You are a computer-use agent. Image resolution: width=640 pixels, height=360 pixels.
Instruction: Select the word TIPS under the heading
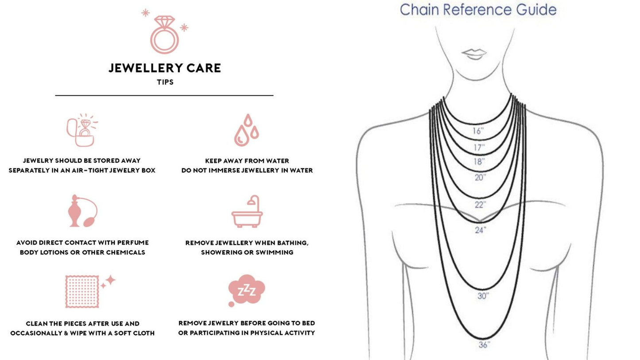click(x=165, y=82)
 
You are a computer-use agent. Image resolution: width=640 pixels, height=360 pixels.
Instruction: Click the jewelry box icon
click(x=81, y=131)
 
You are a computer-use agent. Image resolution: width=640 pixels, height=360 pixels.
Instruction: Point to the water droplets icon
click(x=246, y=130)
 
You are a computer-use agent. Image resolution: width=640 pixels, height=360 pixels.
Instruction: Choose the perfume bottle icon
click(x=81, y=211)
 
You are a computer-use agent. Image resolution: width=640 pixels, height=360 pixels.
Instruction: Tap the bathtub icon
click(x=247, y=212)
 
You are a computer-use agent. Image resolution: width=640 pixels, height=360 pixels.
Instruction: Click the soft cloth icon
click(x=82, y=291)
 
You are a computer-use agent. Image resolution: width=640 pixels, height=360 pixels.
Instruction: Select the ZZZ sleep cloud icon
click(x=246, y=290)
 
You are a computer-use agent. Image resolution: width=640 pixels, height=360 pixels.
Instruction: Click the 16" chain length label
click(x=478, y=131)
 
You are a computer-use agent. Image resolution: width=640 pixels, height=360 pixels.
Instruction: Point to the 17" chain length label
click(x=479, y=147)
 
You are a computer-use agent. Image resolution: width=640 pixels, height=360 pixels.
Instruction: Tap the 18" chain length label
click(x=479, y=162)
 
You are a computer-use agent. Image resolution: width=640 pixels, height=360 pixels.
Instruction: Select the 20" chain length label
click(x=480, y=178)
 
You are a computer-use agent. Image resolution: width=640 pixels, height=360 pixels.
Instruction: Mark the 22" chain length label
click(x=480, y=205)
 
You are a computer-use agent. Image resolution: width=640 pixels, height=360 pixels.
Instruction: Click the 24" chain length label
click(x=481, y=230)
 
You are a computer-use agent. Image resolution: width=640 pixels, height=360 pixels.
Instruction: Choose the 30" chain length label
click(x=483, y=296)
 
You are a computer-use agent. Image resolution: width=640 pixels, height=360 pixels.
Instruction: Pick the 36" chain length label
click(x=484, y=345)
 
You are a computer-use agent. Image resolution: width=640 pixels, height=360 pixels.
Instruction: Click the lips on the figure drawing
click(x=474, y=54)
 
